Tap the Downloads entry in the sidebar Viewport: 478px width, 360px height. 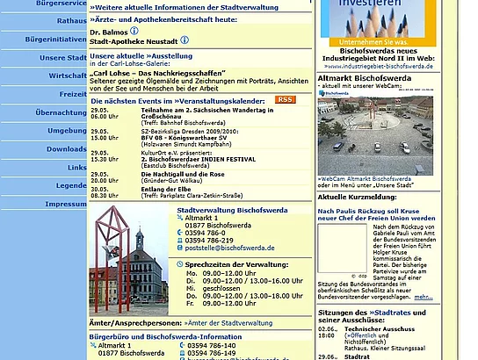pyautogui.click(x=67, y=148)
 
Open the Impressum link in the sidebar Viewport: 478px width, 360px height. pyautogui.click(x=65, y=204)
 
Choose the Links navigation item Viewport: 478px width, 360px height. pyautogui.click(x=76, y=167)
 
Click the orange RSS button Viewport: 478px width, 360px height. pyautogui.click(x=285, y=100)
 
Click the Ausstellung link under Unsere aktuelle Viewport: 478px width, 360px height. pyautogui.click(x=162, y=55)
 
